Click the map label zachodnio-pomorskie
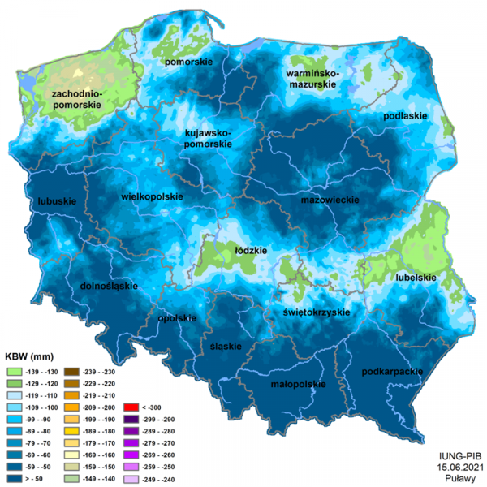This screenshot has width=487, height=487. pyautogui.click(x=75, y=101)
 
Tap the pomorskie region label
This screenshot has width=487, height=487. pyautogui.click(x=188, y=62)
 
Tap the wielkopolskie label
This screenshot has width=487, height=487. pyautogui.click(x=152, y=196)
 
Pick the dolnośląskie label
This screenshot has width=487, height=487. pyautogui.click(x=110, y=287)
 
